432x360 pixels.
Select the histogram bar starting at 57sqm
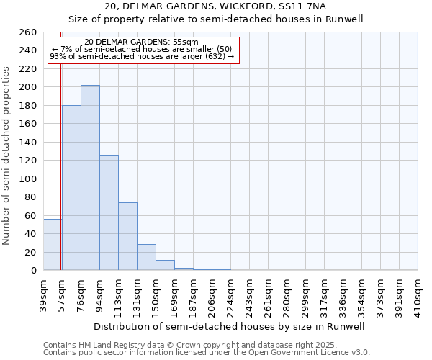71,187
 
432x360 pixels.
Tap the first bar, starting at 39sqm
52,245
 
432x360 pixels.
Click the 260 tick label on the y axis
27,32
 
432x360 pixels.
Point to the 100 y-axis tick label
27,179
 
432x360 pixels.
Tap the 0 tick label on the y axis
34,271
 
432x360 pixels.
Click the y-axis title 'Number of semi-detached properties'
7,156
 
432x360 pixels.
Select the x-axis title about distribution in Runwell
230,326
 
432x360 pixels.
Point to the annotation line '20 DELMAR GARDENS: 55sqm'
141,42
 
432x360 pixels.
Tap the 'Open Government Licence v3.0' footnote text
310,353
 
